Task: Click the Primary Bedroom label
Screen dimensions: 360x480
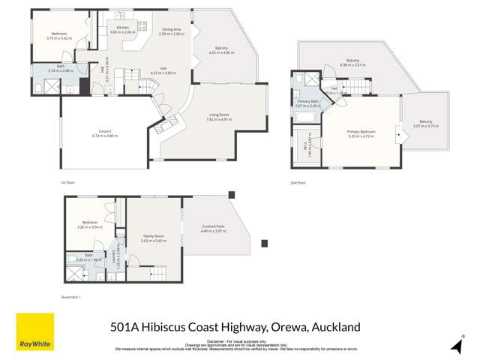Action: [x=361, y=131]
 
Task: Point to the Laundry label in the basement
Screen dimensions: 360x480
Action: [x=114, y=257]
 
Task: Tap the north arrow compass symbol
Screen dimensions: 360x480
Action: [x=456, y=345]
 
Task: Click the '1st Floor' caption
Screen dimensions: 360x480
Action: [x=67, y=181]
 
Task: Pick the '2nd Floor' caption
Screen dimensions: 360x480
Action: [x=298, y=182]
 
